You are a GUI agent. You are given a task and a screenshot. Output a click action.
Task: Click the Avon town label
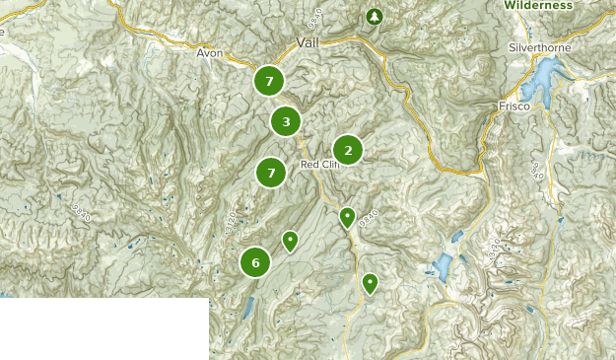point(211,52)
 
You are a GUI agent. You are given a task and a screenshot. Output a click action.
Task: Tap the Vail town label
point(308,42)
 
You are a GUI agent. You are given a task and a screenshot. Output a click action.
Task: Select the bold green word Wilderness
point(538,5)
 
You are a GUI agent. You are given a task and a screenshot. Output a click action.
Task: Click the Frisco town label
point(514,106)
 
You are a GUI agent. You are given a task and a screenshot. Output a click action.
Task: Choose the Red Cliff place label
point(319,164)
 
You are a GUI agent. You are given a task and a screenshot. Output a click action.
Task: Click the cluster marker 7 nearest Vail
point(269,81)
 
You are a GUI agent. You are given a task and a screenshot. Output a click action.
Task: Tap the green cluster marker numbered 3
point(286,122)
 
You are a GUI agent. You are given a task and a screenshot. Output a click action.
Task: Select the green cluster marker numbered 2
point(347,150)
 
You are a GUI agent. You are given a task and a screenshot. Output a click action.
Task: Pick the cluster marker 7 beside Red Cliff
point(271,174)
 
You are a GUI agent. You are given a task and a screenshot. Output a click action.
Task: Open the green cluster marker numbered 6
point(255,262)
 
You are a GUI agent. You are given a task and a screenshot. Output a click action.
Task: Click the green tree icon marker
point(374,17)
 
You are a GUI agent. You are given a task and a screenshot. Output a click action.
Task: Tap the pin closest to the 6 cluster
point(290,240)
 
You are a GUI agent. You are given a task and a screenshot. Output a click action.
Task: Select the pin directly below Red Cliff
point(347,217)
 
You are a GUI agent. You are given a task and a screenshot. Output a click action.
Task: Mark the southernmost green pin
point(370,283)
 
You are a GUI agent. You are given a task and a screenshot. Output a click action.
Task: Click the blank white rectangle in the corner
point(103,328)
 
